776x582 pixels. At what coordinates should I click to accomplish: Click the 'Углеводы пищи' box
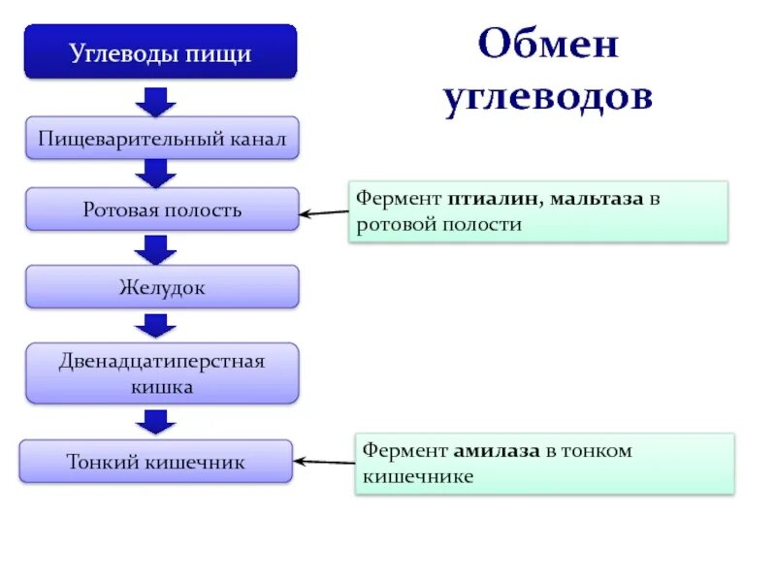click(x=160, y=52)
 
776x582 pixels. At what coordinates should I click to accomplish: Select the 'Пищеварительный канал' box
click(x=162, y=139)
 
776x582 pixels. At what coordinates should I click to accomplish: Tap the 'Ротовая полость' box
click(x=162, y=209)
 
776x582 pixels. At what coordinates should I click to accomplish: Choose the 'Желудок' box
click(x=162, y=287)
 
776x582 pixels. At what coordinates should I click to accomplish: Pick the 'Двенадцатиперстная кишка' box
click(x=162, y=373)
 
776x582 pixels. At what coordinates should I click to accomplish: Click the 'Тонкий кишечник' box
click(x=156, y=462)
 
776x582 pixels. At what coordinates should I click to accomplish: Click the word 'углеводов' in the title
click(x=548, y=100)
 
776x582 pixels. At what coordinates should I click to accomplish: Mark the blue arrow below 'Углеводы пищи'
click(x=155, y=100)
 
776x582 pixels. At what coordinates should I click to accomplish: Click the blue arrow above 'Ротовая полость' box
click(x=155, y=173)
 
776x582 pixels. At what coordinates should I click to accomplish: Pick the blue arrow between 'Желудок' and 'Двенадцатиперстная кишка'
click(x=155, y=326)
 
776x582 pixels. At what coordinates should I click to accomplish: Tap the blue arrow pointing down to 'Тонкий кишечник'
click(x=155, y=421)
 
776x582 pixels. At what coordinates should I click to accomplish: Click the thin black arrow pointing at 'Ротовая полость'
click(x=324, y=213)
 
